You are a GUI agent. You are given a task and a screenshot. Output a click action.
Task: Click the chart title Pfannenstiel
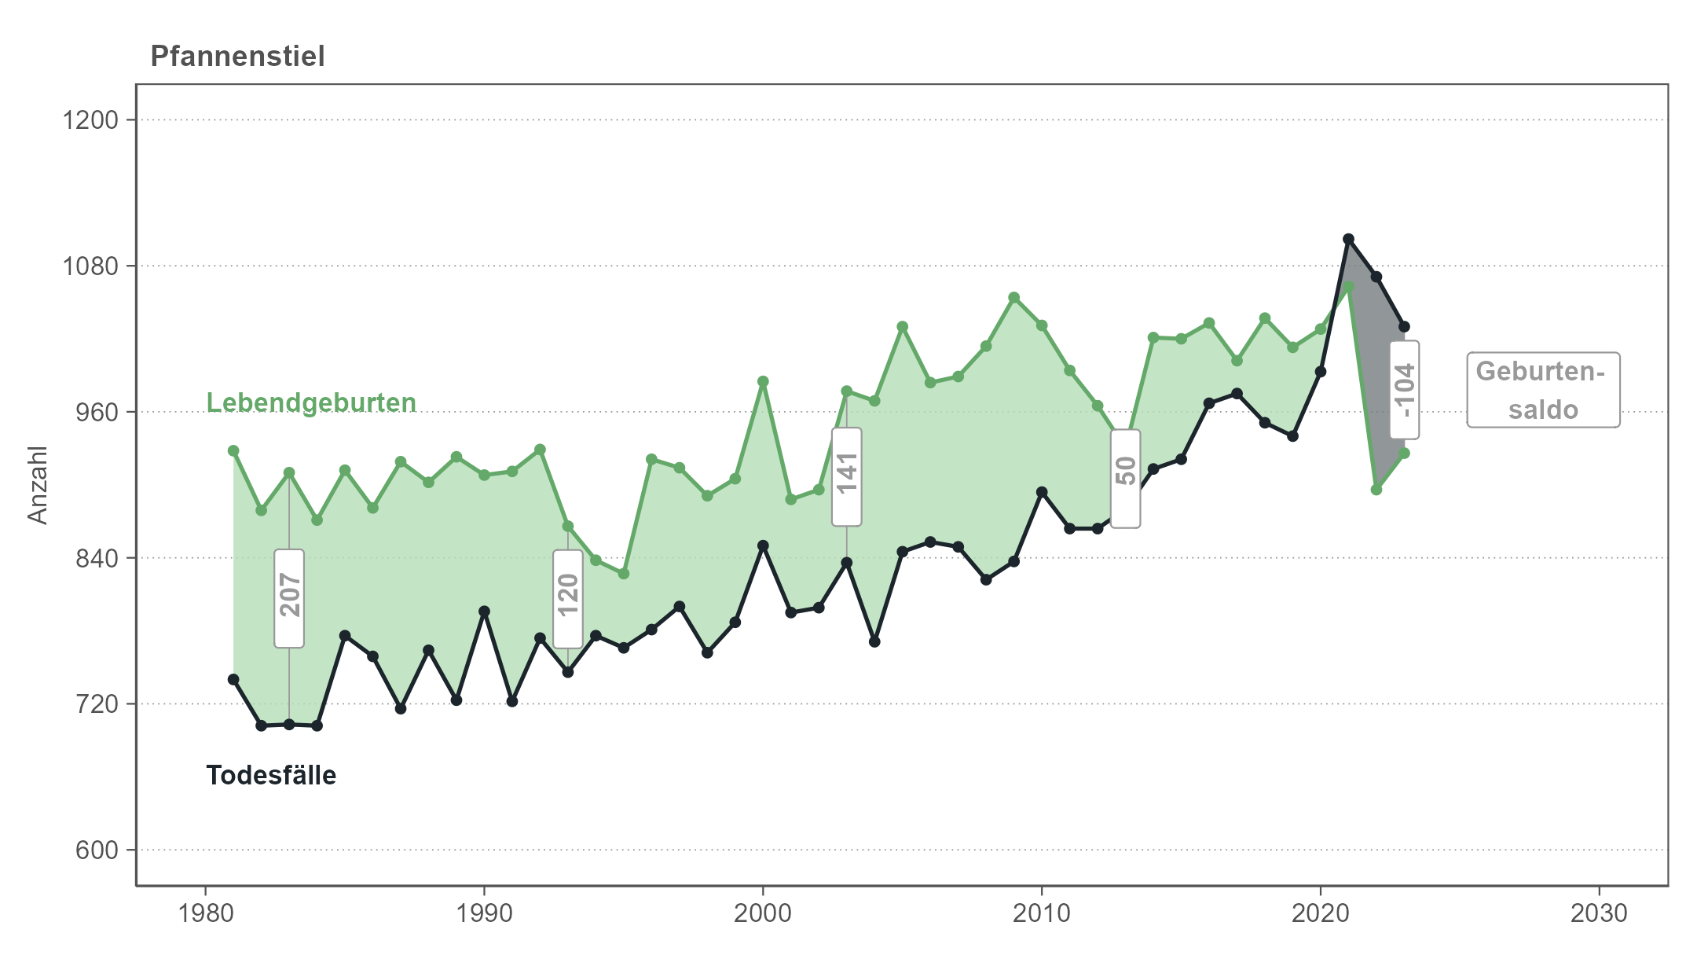(237, 57)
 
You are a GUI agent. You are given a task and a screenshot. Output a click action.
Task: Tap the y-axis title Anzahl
(38, 485)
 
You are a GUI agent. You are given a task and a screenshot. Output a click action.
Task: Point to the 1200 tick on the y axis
(90, 120)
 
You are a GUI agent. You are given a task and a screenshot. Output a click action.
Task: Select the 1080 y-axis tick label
(90, 266)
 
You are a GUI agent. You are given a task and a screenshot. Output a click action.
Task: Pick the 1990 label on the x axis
(484, 913)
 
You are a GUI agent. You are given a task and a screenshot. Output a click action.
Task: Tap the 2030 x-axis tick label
(1599, 913)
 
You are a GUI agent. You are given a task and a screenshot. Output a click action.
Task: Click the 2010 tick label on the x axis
(1042, 913)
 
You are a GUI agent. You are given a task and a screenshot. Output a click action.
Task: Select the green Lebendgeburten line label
(311, 402)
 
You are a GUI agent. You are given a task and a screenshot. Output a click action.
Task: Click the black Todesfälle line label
(271, 775)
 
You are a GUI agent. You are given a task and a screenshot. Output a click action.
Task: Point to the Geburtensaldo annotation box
(1543, 390)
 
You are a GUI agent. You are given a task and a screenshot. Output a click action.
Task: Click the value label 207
(289, 598)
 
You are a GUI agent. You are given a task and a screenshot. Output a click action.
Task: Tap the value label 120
(568, 598)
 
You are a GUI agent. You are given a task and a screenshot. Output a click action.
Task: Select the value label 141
(847, 476)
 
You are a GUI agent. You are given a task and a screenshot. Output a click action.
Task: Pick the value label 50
(1126, 478)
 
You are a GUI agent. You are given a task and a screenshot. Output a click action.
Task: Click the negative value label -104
(1404, 389)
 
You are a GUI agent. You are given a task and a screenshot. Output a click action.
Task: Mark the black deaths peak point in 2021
(1348, 239)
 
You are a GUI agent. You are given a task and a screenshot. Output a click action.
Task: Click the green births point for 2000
(763, 382)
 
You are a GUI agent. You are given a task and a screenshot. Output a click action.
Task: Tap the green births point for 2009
(1014, 298)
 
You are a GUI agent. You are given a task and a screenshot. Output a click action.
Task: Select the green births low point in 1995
(624, 574)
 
